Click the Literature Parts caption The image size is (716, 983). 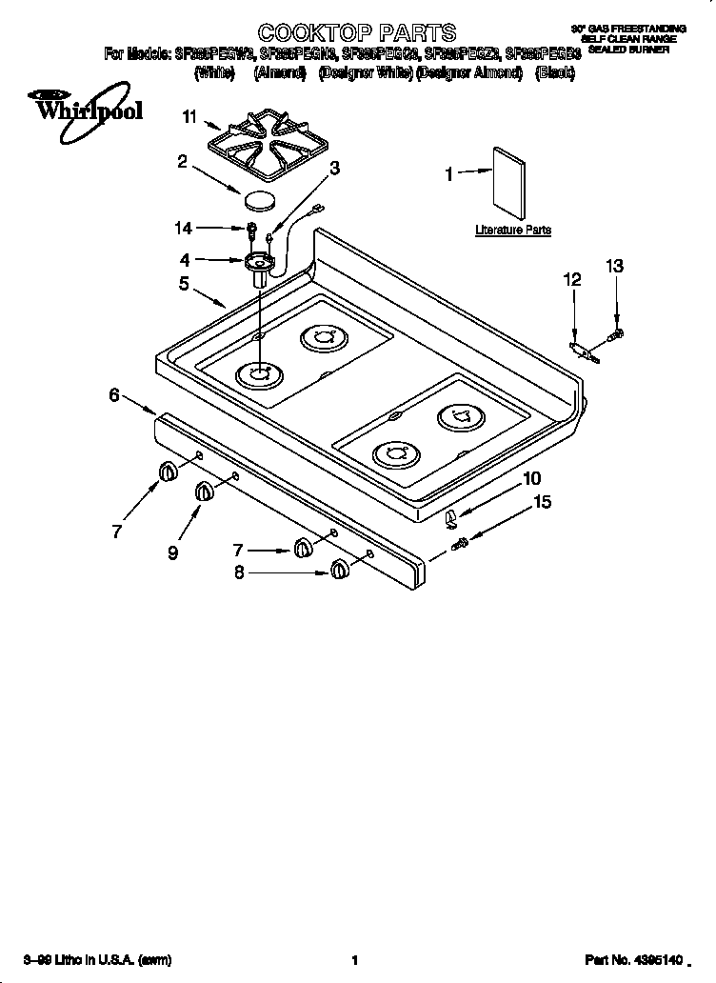pyautogui.click(x=513, y=231)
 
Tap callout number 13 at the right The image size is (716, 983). pyautogui.click(x=615, y=267)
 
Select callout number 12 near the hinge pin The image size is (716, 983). pyautogui.click(x=571, y=279)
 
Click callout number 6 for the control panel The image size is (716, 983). pyautogui.click(x=114, y=393)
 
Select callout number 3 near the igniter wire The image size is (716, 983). pyautogui.click(x=334, y=169)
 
